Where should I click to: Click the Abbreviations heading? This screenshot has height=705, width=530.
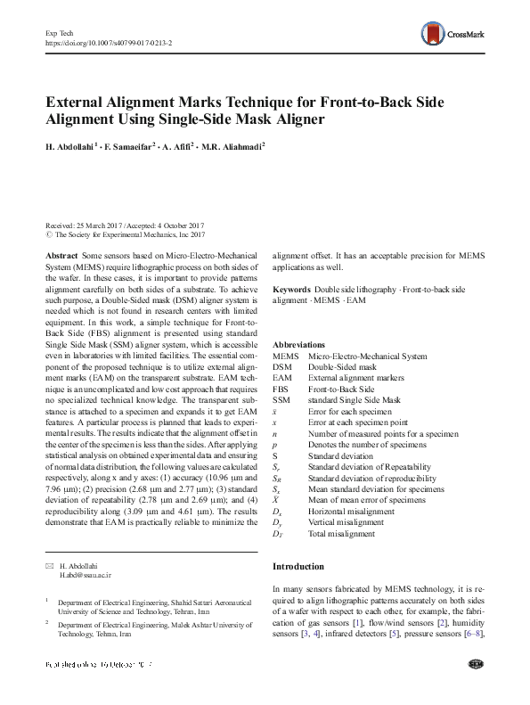(299, 344)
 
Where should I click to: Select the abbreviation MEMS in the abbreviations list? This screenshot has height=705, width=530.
(285, 356)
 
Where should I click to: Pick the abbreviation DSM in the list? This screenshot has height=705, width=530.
(282, 366)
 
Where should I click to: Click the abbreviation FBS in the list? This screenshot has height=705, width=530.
(281, 389)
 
